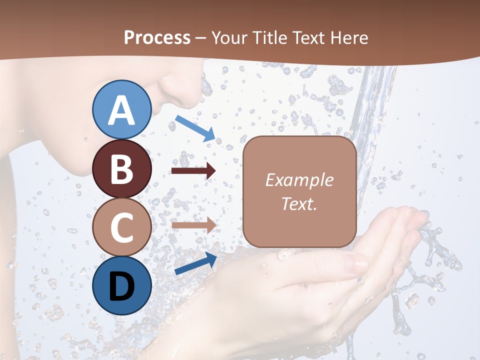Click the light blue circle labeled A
[x=122, y=110]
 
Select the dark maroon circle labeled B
[x=122, y=169]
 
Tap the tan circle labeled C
[x=122, y=227]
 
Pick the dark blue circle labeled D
[x=122, y=285]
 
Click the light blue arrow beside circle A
[x=195, y=128]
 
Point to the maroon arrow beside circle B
[x=193, y=171]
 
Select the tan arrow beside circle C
[x=193, y=225]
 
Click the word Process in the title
[x=157, y=37]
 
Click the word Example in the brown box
[x=299, y=180]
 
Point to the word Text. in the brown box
[x=299, y=203]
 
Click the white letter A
[x=122, y=110]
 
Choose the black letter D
[x=122, y=286]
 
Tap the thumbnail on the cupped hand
[x=355, y=262]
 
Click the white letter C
[x=122, y=227]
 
